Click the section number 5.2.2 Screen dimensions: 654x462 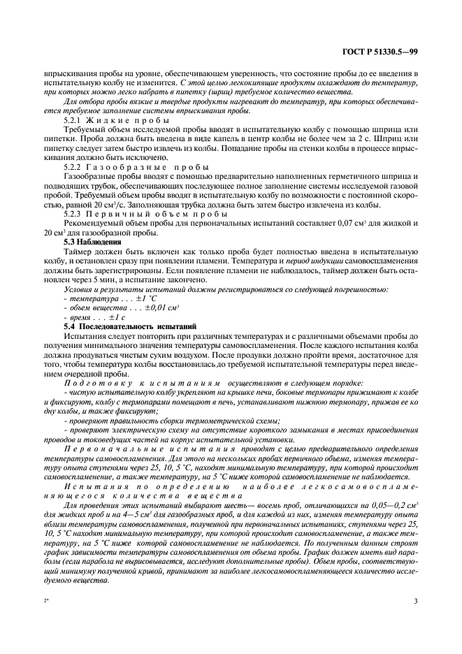pos(74,168)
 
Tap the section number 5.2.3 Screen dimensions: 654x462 pos(74,215)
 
